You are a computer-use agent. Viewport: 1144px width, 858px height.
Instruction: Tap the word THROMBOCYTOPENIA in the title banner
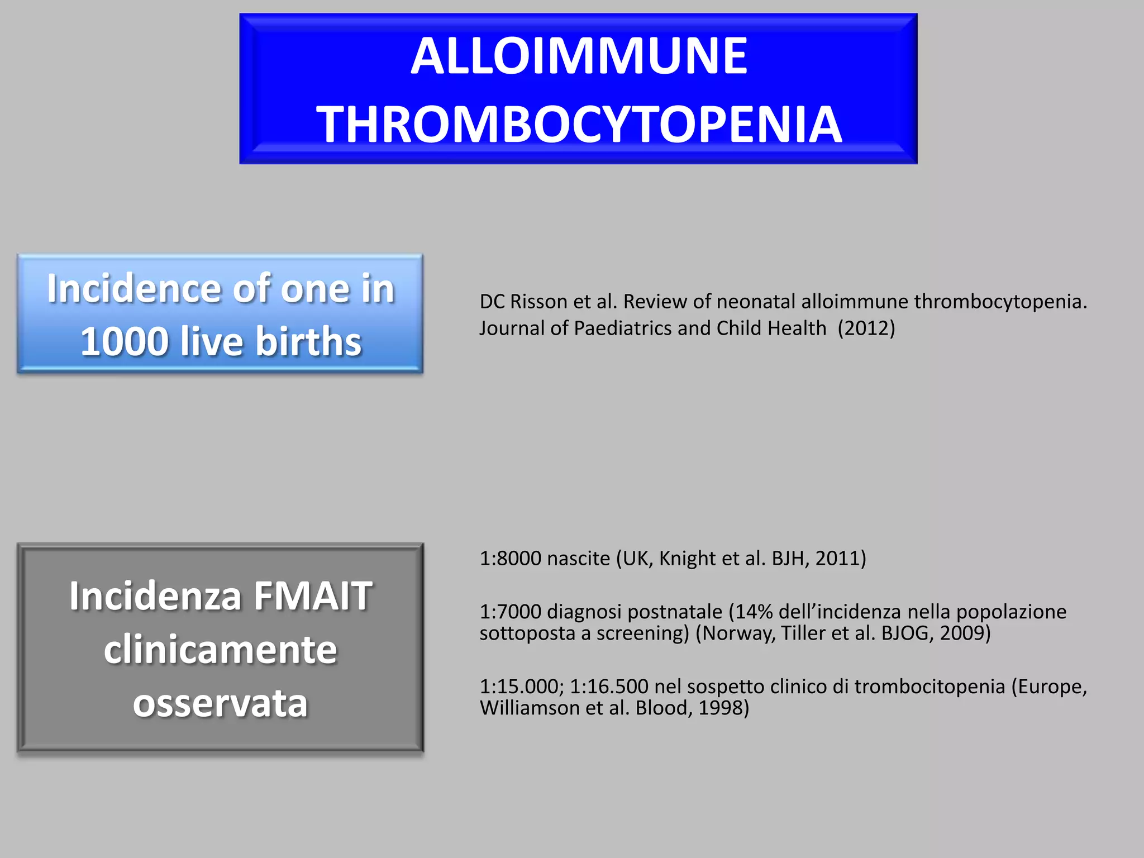pos(579,125)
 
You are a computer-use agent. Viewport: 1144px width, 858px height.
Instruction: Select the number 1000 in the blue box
pos(124,342)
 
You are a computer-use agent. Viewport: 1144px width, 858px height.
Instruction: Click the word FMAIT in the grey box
pos(313,596)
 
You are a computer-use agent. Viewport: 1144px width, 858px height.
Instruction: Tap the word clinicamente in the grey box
pos(221,650)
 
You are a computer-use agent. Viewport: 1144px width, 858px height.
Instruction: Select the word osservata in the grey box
pos(221,703)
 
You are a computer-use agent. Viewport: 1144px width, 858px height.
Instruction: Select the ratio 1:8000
pos(511,558)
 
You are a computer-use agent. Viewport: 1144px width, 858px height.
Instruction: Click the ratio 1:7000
pos(511,612)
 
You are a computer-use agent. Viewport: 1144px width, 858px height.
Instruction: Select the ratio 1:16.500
pos(609,687)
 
